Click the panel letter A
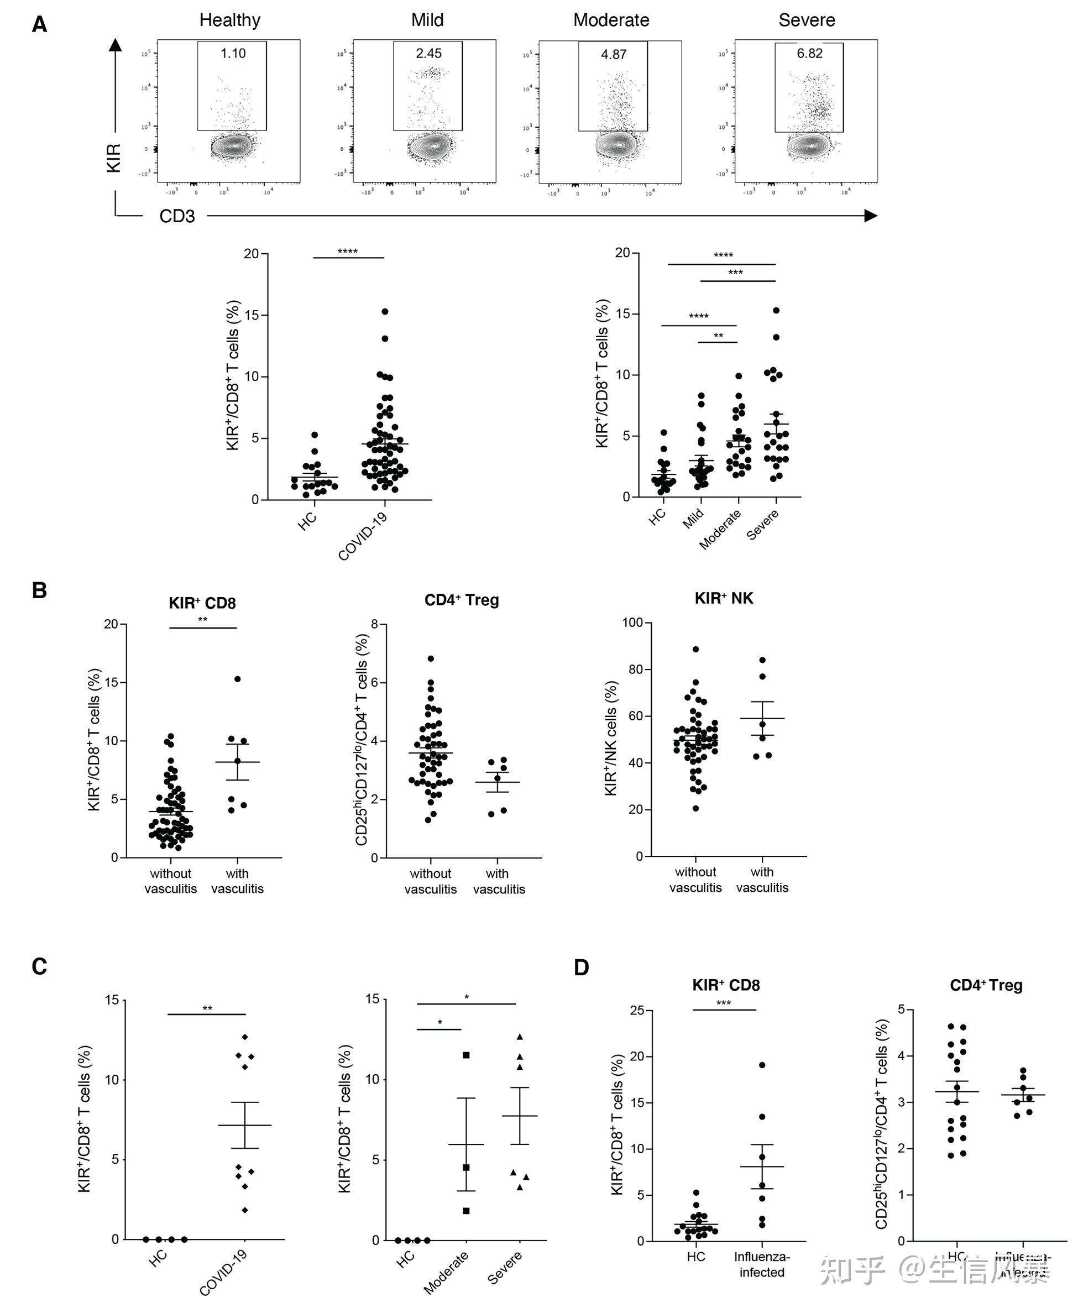[x=39, y=25]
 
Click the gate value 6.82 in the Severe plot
[x=810, y=54]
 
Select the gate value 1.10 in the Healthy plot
[x=233, y=54]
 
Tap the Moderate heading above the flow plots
[x=611, y=20]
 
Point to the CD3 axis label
[x=177, y=216]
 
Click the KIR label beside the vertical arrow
[x=114, y=157]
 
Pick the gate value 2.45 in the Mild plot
[x=428, y=54]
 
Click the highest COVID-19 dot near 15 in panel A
[x=385, y=311]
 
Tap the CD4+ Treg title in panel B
[x=462, y=600]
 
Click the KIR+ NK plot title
[x=724, y=598]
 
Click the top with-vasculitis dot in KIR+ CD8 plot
[x=237, y=679]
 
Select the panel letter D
[x=581, y=967]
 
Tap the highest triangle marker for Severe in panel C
[x=520, y=1037]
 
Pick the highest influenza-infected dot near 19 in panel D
[x=762, y=1065]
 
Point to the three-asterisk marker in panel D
[x=724, y=1003]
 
